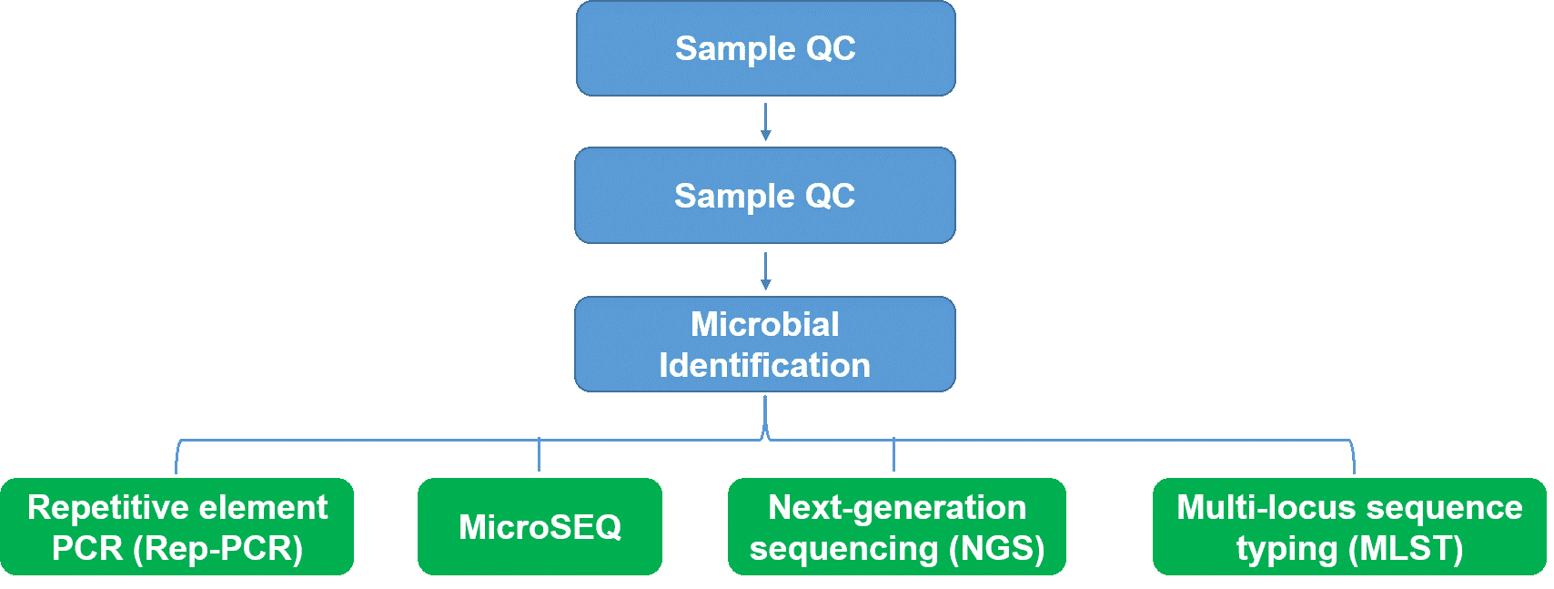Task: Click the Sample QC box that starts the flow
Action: (765, 48)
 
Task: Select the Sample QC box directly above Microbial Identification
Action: (765, 196)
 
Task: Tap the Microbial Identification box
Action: (765, 344)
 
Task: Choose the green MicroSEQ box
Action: (540, 526)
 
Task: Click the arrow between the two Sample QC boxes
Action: (765, 122)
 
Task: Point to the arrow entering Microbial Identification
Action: (765, 271)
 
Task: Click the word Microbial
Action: (765, 324)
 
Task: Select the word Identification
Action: (764, 366)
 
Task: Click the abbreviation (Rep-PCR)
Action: (217, 549)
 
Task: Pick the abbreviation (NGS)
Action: (997, 549)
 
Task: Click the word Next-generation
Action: (897, 508)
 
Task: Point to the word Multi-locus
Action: (1256, 507)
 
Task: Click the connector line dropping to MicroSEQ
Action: (539, 454)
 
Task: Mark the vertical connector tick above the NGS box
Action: (893, 454)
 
